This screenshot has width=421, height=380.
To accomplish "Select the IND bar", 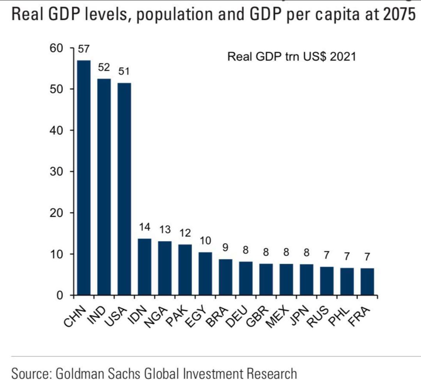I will coord(104,187).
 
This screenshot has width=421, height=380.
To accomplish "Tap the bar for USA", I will coord(124,189).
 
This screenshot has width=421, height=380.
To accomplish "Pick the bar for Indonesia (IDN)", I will coord(144,267).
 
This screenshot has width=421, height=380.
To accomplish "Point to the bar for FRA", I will coord(367,281).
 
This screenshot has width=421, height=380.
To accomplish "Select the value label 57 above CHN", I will coord(83,49).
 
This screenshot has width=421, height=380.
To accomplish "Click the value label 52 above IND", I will coord(104,67).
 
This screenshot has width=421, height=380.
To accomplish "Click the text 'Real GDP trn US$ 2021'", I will coord(292,57).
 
